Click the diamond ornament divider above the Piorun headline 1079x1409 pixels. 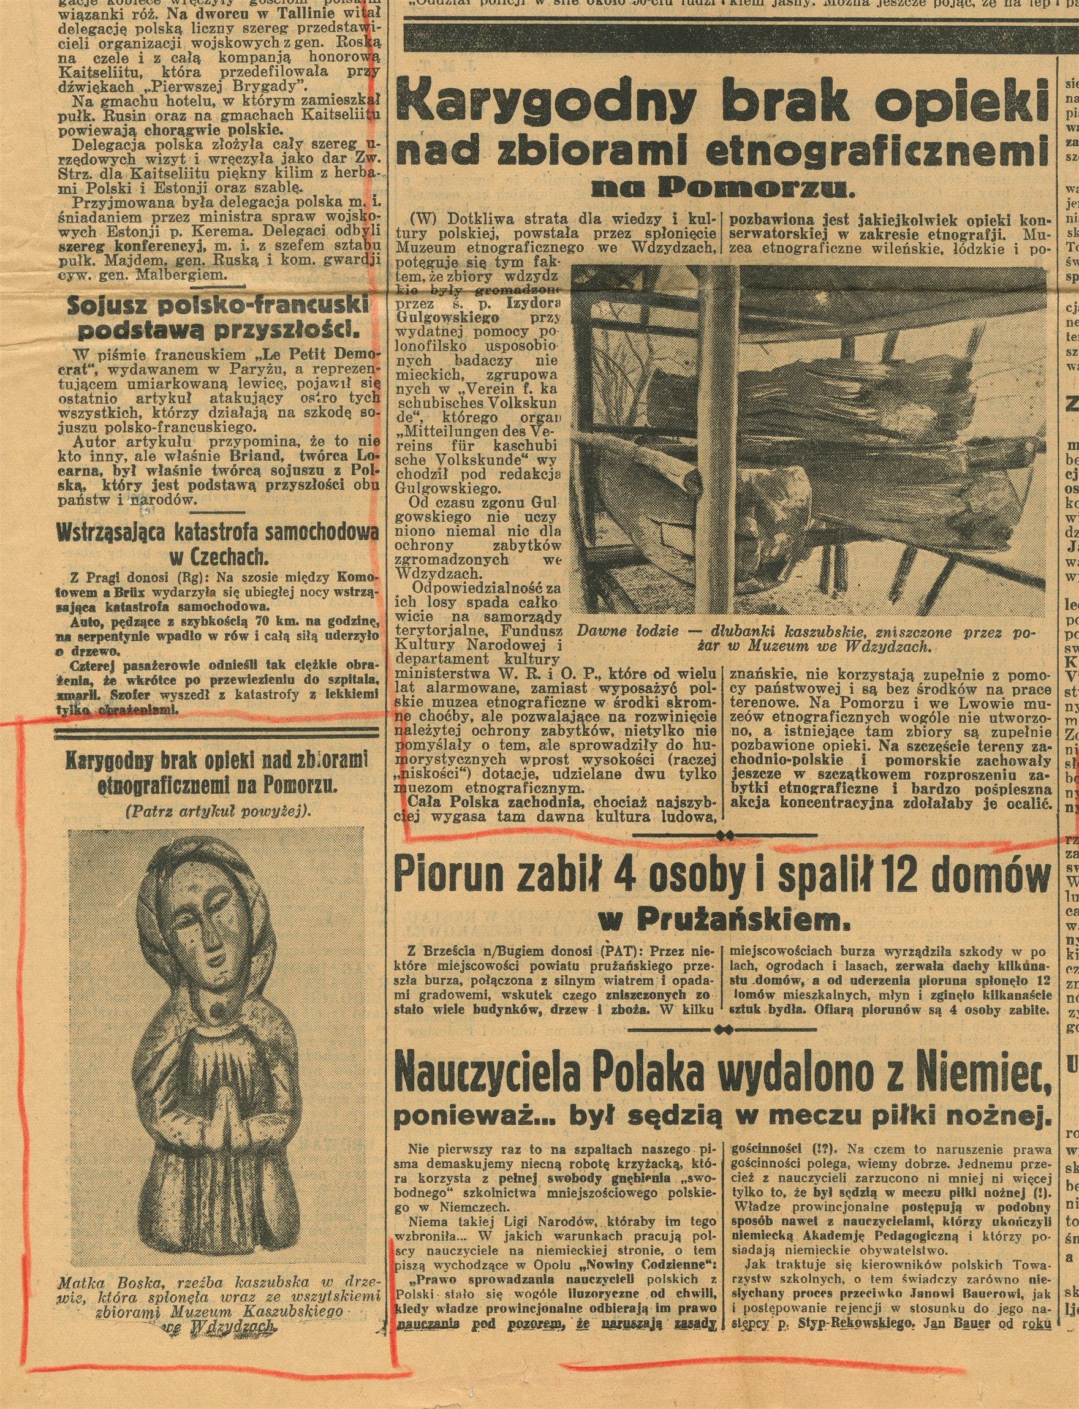pyautogui.click(x=725, y=834)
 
